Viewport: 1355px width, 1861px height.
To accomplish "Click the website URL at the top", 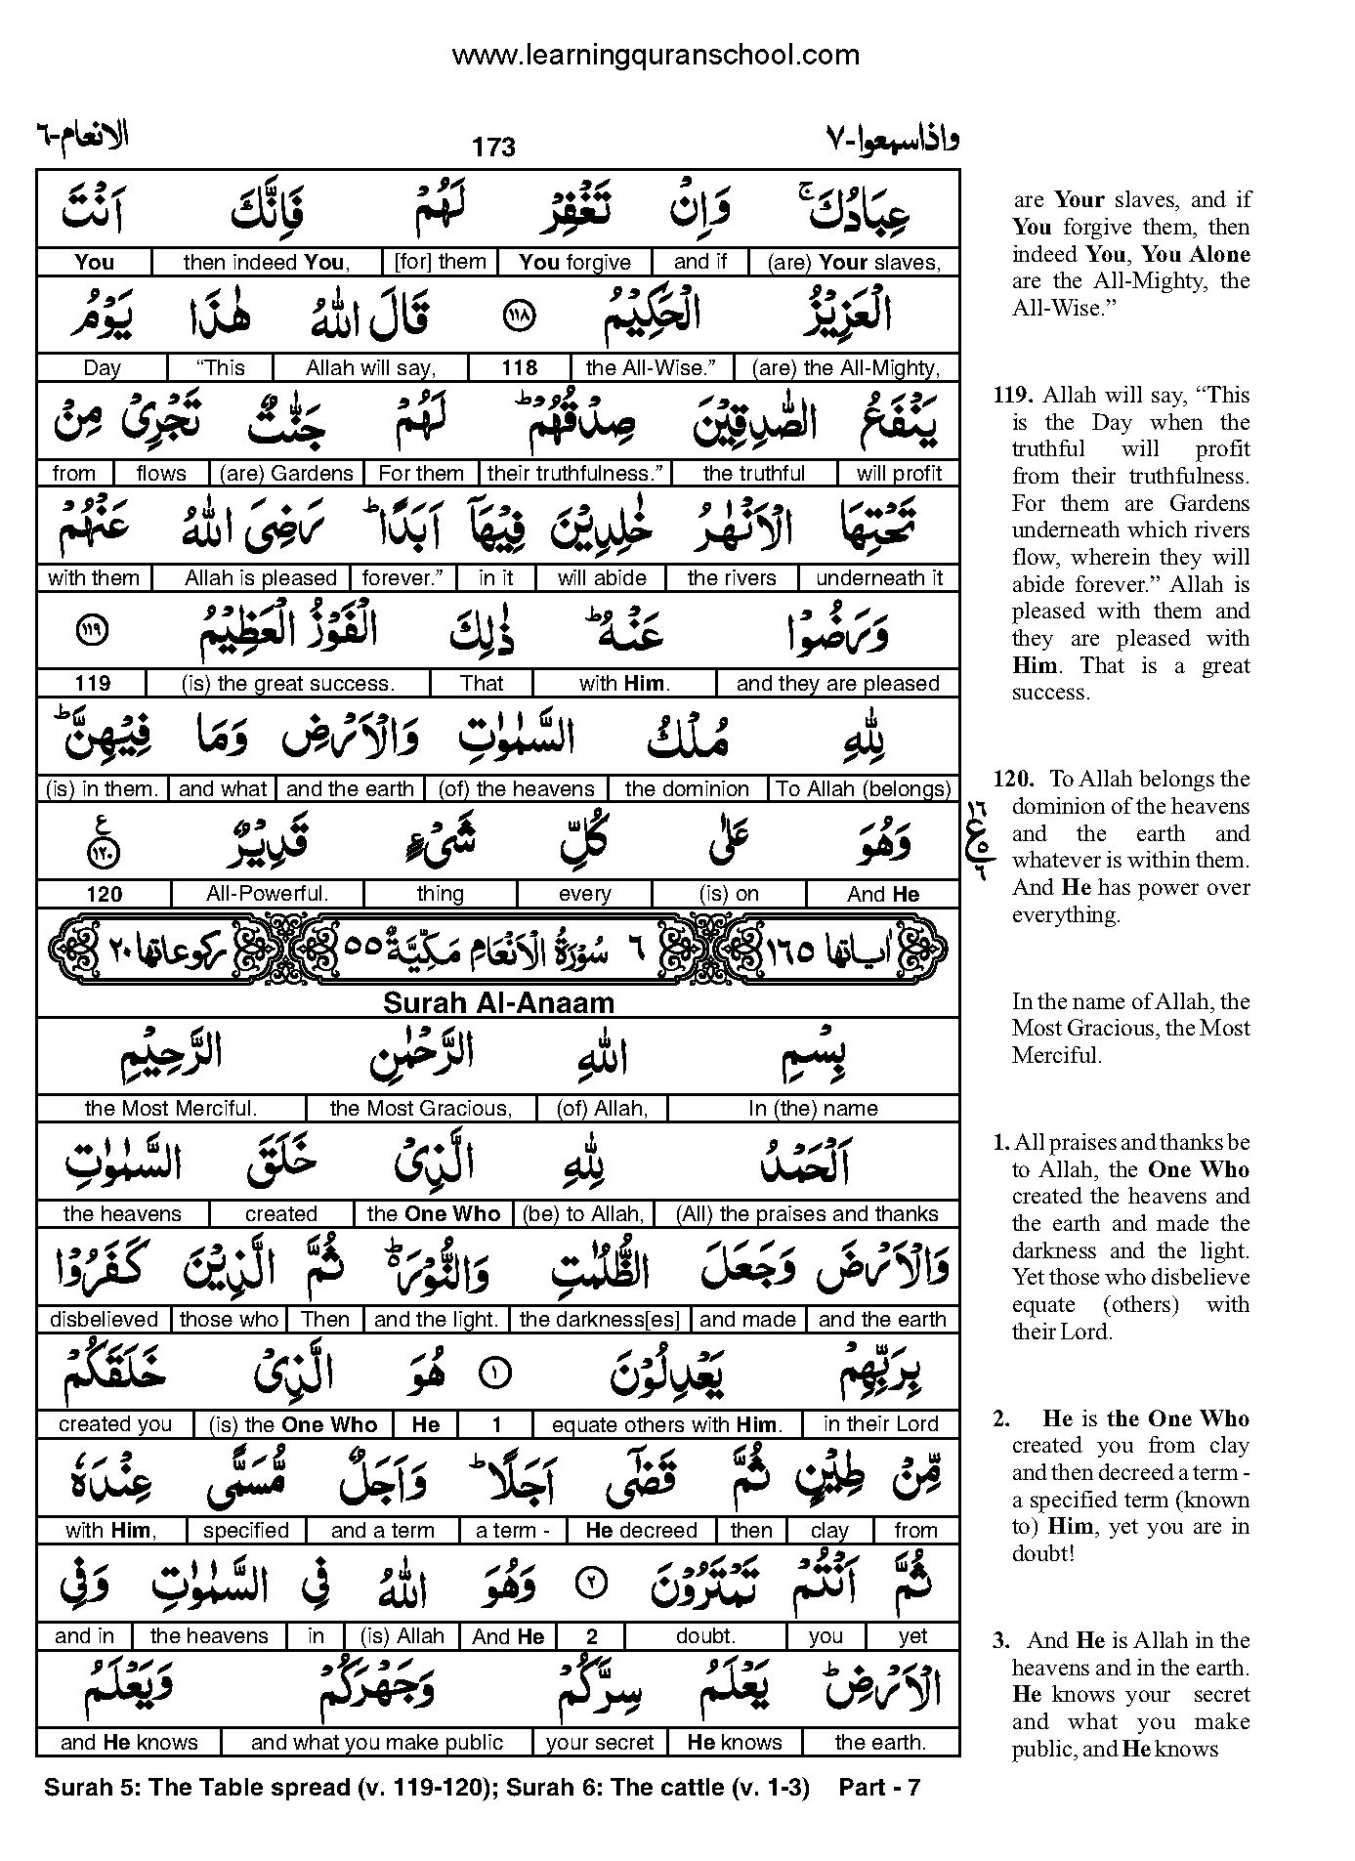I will point(655,55).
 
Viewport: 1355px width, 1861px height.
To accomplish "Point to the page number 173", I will point(492,148).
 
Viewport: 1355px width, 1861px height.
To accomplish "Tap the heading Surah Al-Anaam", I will point(498,1003).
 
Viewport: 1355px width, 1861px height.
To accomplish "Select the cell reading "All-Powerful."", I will point(267,893).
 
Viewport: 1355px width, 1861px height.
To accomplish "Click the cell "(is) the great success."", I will point(287,683).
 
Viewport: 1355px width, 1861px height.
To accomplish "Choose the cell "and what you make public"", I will point(376,1742).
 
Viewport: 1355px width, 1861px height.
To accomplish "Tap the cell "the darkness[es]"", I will point(600,1319).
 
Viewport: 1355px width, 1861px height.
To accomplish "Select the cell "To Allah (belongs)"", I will point(864,788).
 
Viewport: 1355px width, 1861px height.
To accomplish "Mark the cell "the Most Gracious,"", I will point(421,1108).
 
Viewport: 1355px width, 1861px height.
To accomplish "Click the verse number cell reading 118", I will point(519,367).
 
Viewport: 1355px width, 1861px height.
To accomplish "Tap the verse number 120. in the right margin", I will point(1013,779).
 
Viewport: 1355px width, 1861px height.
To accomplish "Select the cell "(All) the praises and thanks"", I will point(807,1213).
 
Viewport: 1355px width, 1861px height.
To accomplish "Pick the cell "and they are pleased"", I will point(837,683).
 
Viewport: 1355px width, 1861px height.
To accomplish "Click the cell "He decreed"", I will point(641,1530).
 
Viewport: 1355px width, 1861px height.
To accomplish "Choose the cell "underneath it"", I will point(879,577).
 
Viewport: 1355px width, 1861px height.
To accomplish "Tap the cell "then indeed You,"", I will point(266,262).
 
